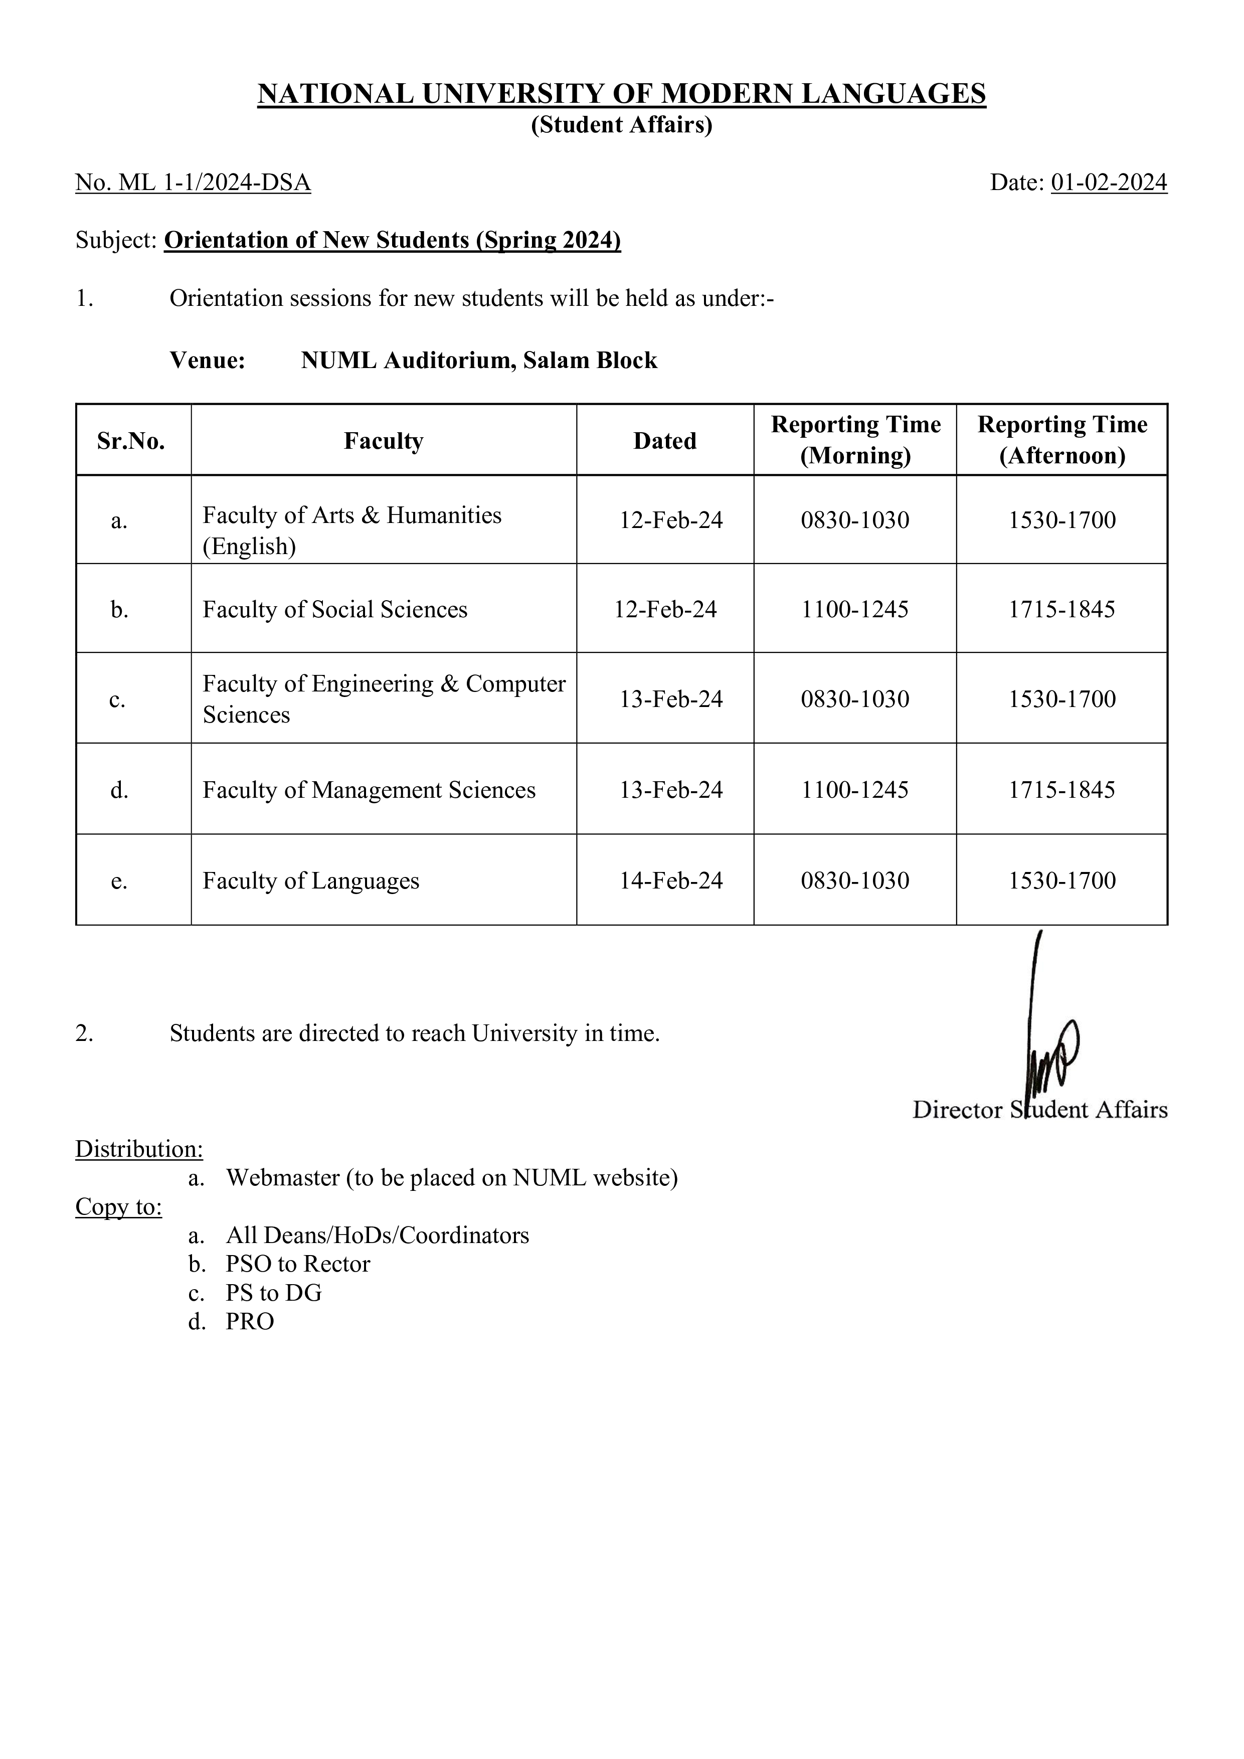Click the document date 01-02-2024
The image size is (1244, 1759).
pos(1109,183)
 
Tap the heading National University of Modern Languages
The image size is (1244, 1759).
pos(621,93)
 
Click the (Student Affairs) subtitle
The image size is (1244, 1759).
pos(621,125)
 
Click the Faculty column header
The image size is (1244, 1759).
pos(383,441)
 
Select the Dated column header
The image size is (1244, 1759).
pos(664,441)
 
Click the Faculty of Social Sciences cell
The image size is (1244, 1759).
pos(335,609)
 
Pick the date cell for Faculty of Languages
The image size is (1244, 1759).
pos(670,881)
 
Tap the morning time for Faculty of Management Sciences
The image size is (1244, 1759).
pos(855,790)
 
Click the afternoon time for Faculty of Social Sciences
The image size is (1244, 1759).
pos(1061,609)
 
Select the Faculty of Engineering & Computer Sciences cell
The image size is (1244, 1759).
pos(383,698)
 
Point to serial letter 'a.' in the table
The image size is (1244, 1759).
pos(119,521)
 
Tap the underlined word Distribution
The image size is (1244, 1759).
pos(139,1149)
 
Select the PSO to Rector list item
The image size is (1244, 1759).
pos(297,1264)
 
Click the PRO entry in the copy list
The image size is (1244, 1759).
pos(250,1322)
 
